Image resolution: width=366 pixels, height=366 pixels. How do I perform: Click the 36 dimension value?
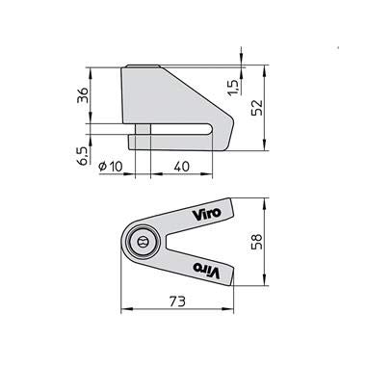[x=83, y=94]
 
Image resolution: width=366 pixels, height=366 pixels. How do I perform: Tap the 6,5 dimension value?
[x=83, y=156]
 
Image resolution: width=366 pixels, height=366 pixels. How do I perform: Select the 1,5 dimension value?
[x=234, y=87]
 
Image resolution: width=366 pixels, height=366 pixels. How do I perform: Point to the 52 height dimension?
[x=257, y=108]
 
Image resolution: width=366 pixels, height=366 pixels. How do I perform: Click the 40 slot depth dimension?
[x=182, y=167]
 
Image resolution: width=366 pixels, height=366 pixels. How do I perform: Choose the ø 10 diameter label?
[x=111, y=167]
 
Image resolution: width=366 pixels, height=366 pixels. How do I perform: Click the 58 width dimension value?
[x=257, y=242]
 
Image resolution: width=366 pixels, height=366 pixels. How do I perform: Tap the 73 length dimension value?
[x=177, y=301]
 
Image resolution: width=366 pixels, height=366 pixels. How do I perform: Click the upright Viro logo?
[x=206, y=214]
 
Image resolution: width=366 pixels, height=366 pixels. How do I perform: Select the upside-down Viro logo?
[x=206, y=270]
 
